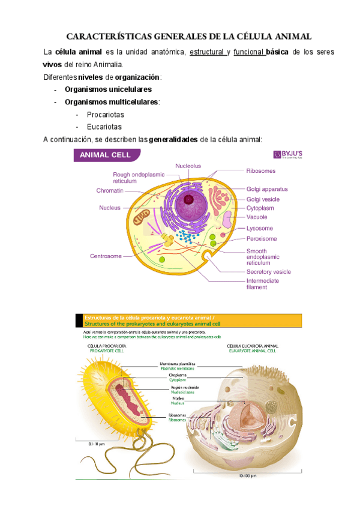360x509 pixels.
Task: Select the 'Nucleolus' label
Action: tap(188, 166)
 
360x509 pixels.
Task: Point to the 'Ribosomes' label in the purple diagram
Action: tap(261, 170)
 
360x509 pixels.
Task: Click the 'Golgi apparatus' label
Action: tap(267, 189)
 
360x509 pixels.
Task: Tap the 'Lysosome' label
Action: tap(260, 228)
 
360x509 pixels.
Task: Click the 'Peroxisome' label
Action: tap(262, 238)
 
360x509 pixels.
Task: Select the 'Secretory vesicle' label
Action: tap(269, 271)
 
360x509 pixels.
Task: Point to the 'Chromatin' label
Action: tap(109, 191)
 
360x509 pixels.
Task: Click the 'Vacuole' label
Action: tap(257, 217)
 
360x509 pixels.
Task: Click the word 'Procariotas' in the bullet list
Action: tap(105, 114)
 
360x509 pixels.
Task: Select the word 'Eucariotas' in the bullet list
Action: tap(104, 127)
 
